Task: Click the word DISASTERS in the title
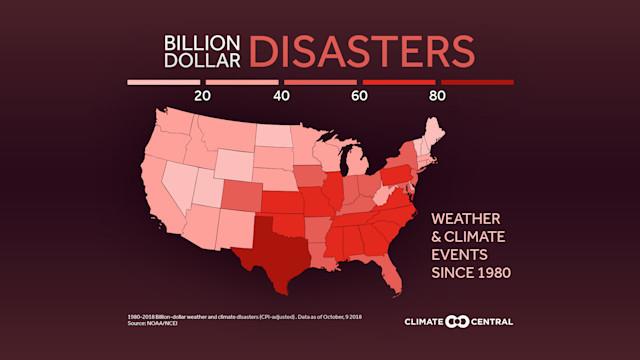tap(362, 51)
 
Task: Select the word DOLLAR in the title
tap(204, 61)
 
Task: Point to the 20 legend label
tap(202, 96)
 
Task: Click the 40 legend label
tap(281, 96)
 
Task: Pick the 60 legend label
tap(359, 96)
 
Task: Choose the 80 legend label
tap(437, 96)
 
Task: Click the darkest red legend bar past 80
tap(477, 82)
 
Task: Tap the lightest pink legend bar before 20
tap(163, 82)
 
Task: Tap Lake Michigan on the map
tap(346, 165)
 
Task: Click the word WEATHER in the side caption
tap(465, 218)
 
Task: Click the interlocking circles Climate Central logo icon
tap(457, 321)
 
